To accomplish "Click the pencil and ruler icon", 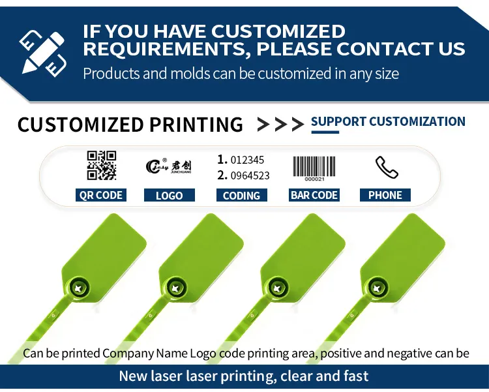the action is point(43,53).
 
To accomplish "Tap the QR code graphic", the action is point(102,166).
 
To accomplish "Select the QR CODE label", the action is point(100,195).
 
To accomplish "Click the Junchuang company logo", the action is point(168,166).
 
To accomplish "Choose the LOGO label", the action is point(170,196).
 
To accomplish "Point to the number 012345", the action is point(247,160).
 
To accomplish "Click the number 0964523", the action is point(250,175).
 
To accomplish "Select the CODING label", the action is point(242,196).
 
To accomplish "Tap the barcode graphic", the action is point(314,168).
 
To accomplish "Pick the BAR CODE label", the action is point(314,195).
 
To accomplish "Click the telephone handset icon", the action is point(387,167).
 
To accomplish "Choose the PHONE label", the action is point(385,195).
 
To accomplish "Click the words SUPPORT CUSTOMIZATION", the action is point(389,121).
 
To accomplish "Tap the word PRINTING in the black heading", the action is point(196,125).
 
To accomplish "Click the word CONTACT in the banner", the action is point(383,49).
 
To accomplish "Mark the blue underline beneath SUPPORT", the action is point(325,132).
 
